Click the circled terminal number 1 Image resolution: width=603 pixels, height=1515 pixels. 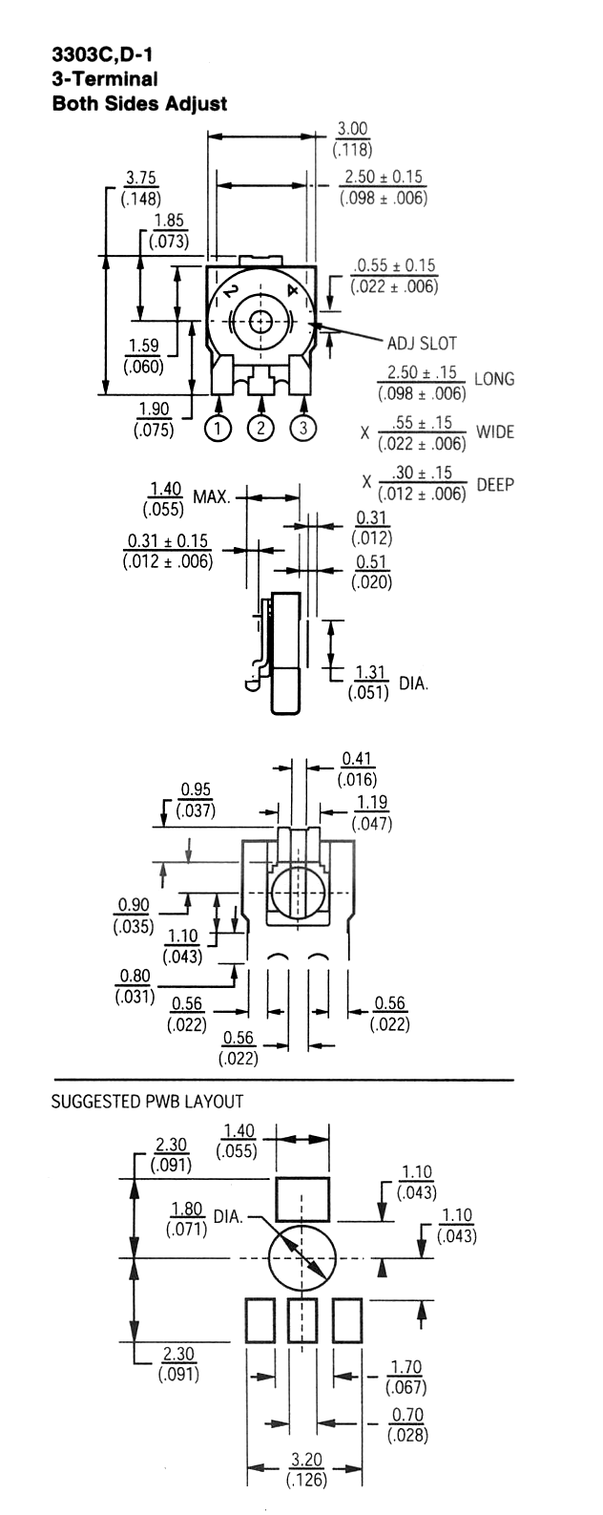[x=218, y=428]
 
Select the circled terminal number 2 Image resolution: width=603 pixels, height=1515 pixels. [x=260, y=428]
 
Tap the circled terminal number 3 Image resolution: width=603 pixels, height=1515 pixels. [x=303, y=428]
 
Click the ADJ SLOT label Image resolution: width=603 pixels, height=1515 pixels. [x=422, y=343]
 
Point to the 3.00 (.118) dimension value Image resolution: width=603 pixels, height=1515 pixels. [x=353, y=138]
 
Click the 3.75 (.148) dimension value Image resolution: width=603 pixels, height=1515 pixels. [x=141, y=188]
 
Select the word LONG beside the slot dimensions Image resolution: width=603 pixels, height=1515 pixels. [x=494, y=379]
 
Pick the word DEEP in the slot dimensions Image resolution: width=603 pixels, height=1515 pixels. [x=495, y=484]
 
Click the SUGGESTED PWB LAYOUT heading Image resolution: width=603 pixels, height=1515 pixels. [x=147, y=1101]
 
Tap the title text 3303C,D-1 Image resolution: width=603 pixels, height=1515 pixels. [x=102, y=54]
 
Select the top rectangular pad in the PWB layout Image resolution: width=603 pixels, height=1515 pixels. [x=302, y=1199]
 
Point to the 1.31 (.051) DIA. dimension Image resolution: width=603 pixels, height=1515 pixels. [x=388, y=683]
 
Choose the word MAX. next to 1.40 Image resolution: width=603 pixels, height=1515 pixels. [x=212, y=497]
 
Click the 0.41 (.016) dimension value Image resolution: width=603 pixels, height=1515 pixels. [x=357, y=769]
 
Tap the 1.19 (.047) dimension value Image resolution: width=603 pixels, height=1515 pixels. [x=372, y=812]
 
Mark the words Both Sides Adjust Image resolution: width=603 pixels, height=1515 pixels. [x=139, y=104]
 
